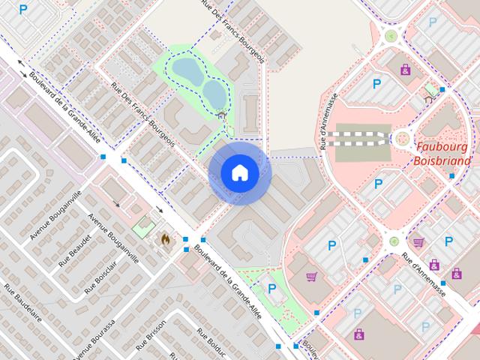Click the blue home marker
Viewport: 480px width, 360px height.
click(239, 173)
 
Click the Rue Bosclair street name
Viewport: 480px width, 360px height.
click(102, 278)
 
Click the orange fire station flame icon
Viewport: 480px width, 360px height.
click(165, 239)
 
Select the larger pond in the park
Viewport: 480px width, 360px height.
click(185, 72)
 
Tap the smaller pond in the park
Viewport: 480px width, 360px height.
click(214, 94)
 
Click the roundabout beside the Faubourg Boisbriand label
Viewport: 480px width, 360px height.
click(403, 138)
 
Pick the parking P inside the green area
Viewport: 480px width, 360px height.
click(271, 288)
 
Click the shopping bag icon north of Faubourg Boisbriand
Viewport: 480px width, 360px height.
click(406, 69)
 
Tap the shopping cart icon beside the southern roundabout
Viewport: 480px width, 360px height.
click(418, 242)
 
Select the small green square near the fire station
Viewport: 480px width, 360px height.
click(141, 223)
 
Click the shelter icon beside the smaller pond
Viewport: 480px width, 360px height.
click(221, 115)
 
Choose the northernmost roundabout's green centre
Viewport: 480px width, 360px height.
click(391, 35)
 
